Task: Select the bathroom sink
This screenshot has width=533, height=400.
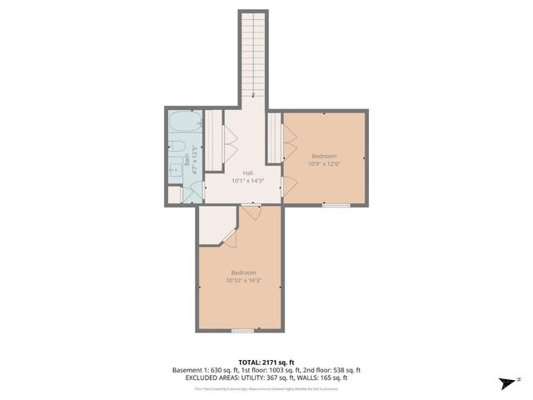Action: click(x=175, y=170)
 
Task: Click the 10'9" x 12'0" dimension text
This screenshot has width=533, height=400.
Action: click(x=324, y=164)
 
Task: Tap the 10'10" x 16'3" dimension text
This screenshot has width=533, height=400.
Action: click(x=242, y=281)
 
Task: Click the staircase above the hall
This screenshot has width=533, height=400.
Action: click(x=253, y=54)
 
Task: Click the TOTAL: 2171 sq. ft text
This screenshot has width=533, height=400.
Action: click(x=266, y=362)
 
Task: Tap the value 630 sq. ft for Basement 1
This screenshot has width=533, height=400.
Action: click(x=218, y=370)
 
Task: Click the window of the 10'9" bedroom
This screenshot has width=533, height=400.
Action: click(x=336, y=204)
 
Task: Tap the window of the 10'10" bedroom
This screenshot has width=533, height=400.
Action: click(x=242, y=331)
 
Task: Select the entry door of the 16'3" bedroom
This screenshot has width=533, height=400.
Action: click(x=252, y=212)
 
